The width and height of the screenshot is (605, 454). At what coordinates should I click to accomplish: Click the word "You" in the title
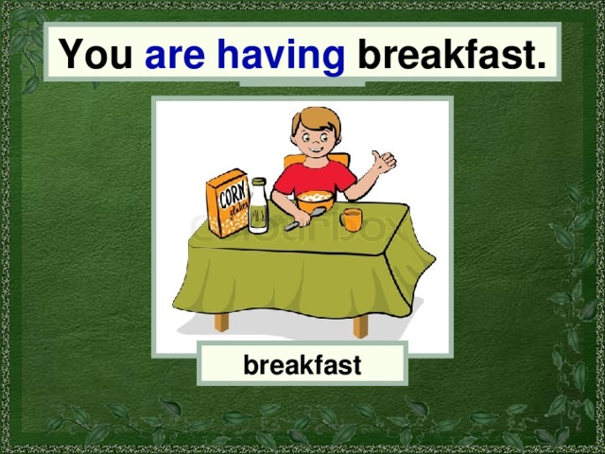click(95, 56)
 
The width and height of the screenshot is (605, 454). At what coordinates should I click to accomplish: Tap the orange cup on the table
click(352, 219)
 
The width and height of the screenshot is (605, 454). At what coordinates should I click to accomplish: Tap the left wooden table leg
click(223, 322)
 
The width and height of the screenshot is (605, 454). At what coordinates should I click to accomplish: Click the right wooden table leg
click(360, 325)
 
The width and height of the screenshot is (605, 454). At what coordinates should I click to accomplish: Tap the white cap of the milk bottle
click(258, 181)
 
